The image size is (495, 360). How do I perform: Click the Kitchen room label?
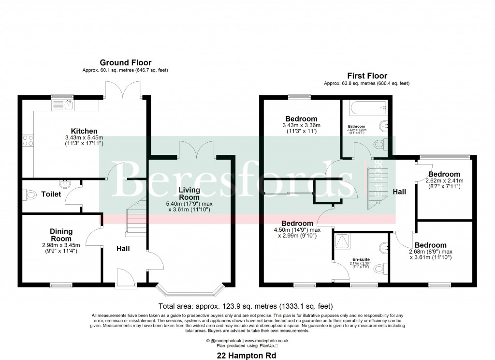coord(84,131)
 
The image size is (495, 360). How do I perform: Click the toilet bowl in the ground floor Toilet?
coord(30,195)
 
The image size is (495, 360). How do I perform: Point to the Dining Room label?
coord(61,235)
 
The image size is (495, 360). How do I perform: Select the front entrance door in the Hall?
coord(124,280)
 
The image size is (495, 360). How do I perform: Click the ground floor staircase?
coord(134,220)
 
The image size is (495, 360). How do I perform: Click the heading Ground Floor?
coord(125,62)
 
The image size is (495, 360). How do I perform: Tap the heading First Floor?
coord(366,76)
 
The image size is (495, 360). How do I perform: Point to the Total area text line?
coord(246,306)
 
